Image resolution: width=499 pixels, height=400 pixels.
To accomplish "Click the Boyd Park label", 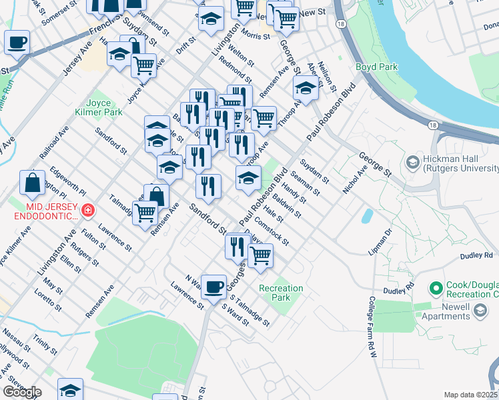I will coord(376,67).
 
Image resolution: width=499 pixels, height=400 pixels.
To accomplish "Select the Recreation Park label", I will coord(281,293).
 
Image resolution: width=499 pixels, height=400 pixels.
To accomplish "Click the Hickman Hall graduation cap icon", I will coord(412,163).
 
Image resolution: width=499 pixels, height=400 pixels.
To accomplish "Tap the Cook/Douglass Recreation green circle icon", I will coord(436,289).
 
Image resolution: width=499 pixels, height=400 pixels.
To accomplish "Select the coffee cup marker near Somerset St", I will coord(17,43).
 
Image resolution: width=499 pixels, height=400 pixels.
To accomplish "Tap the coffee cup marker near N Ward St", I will coord(213,287).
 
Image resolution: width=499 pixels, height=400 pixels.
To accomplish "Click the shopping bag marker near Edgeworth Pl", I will coord(32,182).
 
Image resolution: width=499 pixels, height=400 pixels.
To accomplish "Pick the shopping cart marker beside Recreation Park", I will coord(260,255).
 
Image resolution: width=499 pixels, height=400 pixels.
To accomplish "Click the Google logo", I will coord(22,392).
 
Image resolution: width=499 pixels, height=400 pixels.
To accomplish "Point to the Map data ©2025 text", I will coord(470,395).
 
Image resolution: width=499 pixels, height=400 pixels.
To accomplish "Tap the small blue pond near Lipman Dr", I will coord(367,216).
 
